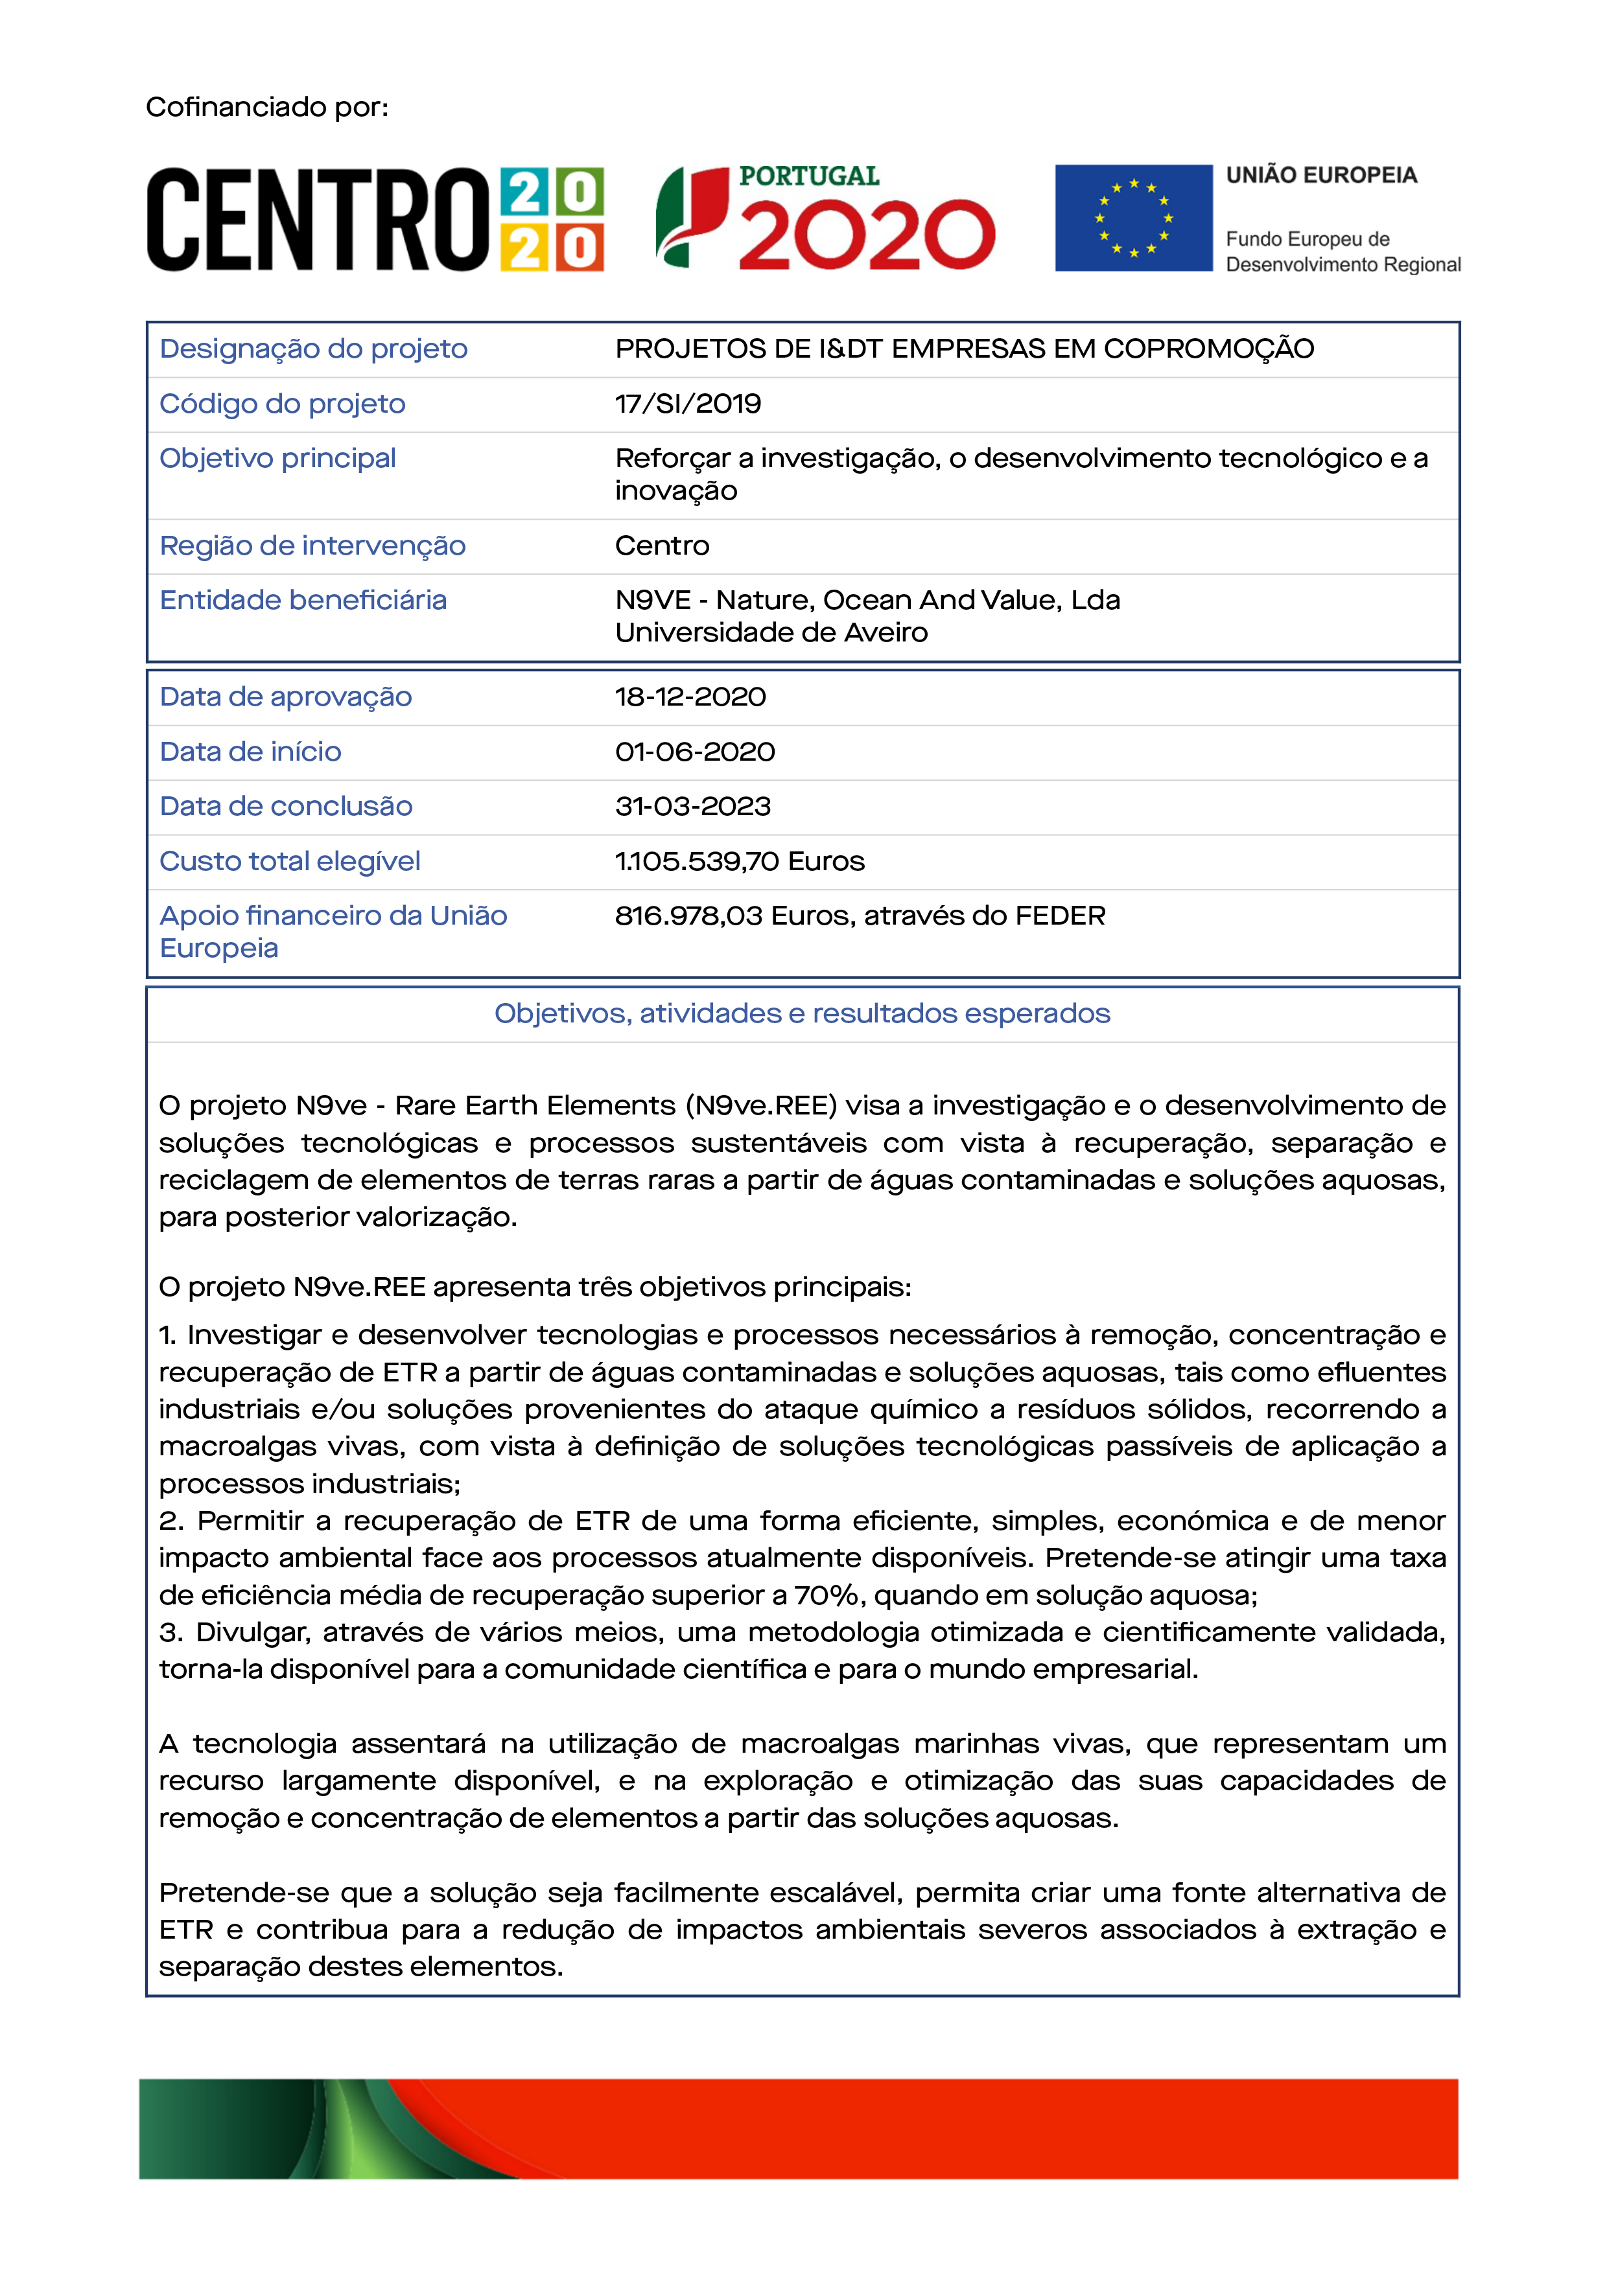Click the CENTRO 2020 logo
374,219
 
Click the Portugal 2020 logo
825,218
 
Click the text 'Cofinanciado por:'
267,107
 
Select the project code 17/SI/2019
688,404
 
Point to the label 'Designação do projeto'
313,349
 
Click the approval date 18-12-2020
690,697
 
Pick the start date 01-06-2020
694,752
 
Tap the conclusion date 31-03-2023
692,807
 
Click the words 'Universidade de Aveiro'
771,632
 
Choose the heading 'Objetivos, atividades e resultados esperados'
802,1014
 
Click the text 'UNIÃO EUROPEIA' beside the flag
1321,175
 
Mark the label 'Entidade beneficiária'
303,601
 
